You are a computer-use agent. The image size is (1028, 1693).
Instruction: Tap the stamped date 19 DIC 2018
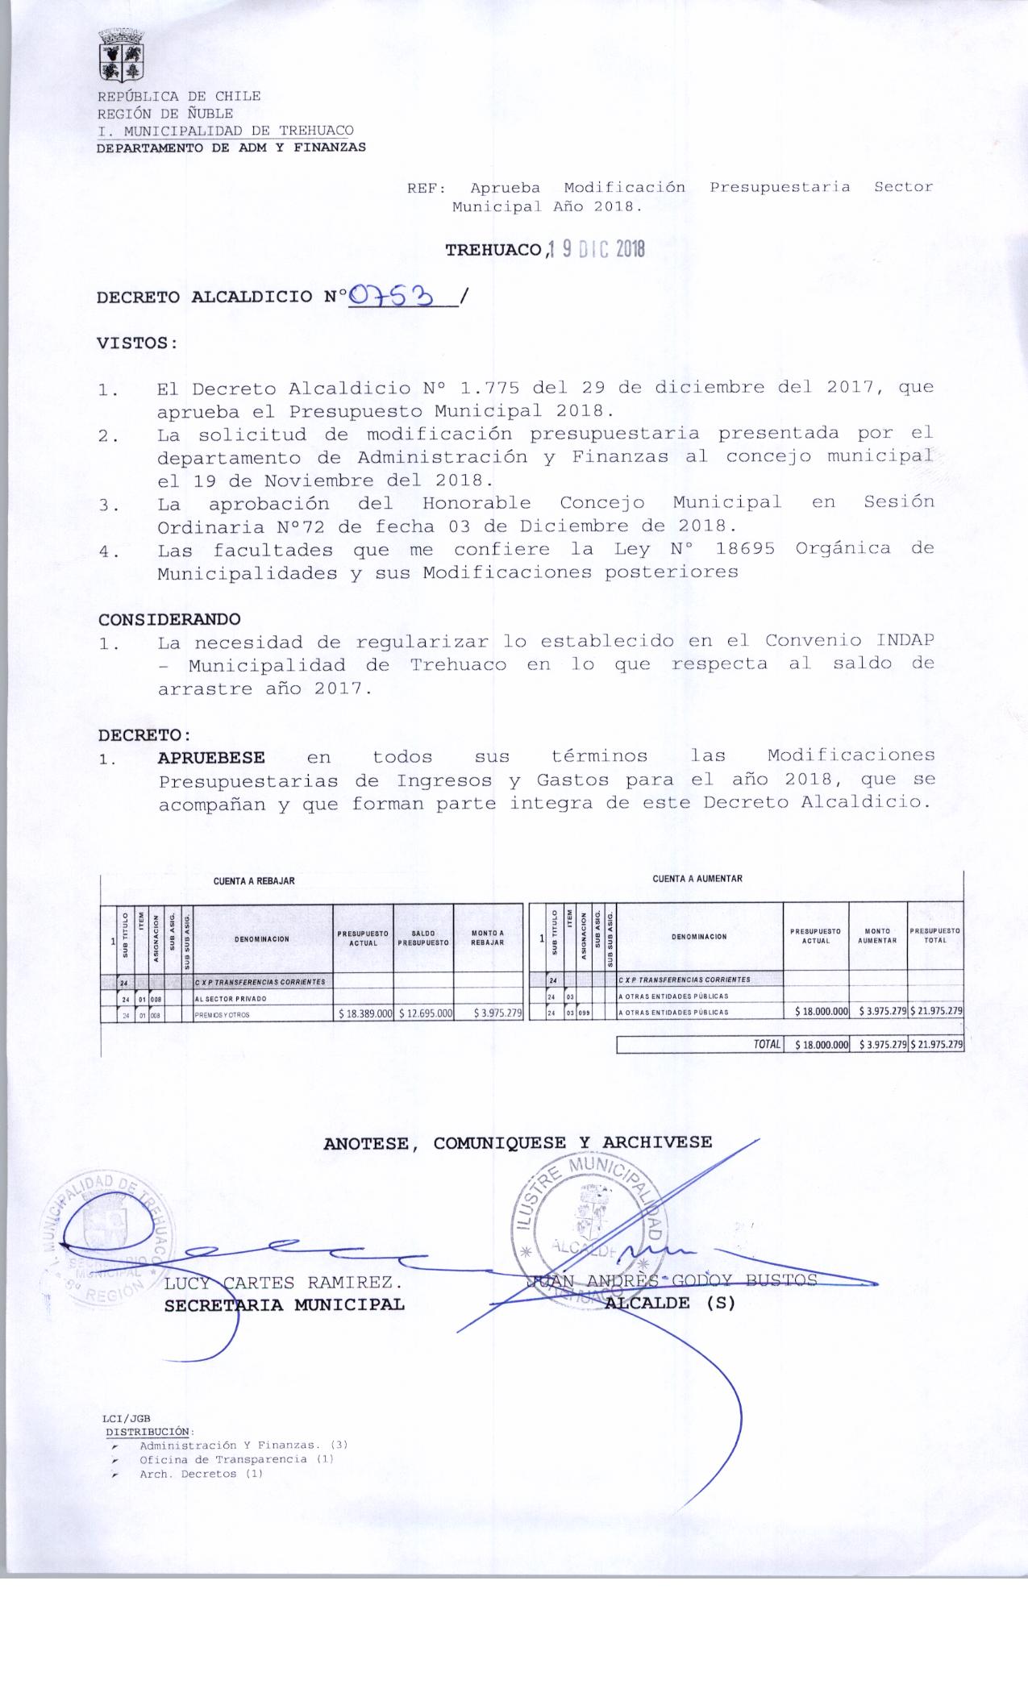pyautogui.click(x=596, y=250)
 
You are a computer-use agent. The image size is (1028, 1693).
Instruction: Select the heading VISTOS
pyautogui.click(x=136, y=342)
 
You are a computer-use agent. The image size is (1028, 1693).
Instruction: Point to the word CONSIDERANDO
pyautogui.click(x=169, y=619)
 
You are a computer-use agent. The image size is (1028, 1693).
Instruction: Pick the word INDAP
pyautogui.click(x=905, y=641)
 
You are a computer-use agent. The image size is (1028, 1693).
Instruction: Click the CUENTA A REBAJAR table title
pyautogui.click(x=254, y=881)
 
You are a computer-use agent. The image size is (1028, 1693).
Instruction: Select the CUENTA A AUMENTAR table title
pyautogui.click(x=697, y=879)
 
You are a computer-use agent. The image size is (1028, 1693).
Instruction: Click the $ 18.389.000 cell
pyautogui.click(x=364, y=1013)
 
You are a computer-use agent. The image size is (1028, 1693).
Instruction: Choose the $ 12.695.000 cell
pyautogui.click(x=424, y=1013)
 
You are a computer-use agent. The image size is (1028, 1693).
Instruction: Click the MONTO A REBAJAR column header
pyautogui.click(x=488, y=938)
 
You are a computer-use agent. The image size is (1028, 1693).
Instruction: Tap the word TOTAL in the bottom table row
pyautogui.click(x=767, y=1045)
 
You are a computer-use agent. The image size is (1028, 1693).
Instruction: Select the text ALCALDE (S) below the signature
pyautogui.click(x=670, y=1303)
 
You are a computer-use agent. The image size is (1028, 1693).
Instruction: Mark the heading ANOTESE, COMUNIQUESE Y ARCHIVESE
pyautogui.click(x=518, y=1142)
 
